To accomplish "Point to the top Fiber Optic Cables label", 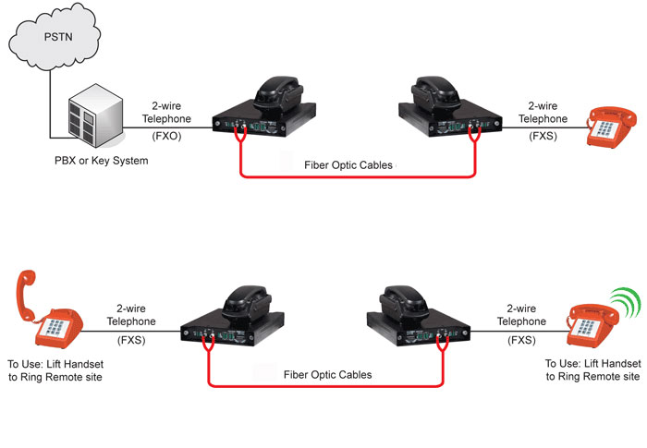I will (x=348, y=164).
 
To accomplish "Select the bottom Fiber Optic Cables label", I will (x=327, y=374).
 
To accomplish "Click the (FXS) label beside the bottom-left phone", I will (x=133, y=339).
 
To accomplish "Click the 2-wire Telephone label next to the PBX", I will (x=167, y=113).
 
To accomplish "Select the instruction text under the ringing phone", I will (x=592, y=369).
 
